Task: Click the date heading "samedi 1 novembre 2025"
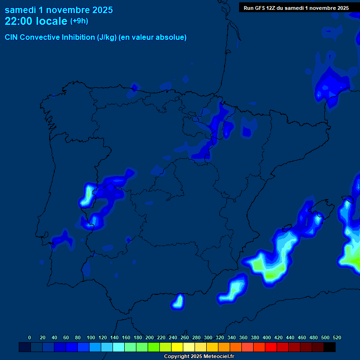coord(59,10)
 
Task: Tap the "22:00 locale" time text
coord(36,21)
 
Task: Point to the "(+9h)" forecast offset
coord(79,21)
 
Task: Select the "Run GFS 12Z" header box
coord(295,8)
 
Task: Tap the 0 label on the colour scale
coord(30,337)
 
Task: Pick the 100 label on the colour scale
coord(90,337)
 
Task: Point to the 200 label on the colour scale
coord(150,337)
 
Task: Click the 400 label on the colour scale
coord(267,337)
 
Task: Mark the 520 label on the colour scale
coord(337,337)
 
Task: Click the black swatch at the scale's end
coord(330,347)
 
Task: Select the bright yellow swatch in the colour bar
coord(177,347)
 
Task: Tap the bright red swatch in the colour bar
coord(271,347)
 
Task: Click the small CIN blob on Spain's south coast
coord(178,301)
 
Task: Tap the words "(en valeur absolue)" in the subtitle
coord(153,37)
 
